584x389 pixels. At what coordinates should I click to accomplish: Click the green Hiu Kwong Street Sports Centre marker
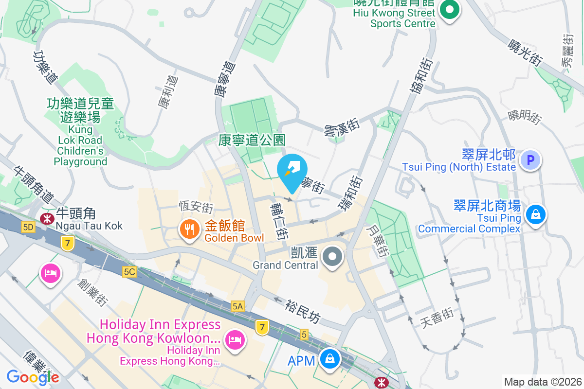click(450, 10)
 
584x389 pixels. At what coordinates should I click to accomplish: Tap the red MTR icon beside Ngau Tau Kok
click(47, 218)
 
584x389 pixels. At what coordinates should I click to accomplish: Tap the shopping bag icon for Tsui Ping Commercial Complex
click(535, 214)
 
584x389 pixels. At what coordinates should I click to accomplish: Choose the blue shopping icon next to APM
click(330, 360)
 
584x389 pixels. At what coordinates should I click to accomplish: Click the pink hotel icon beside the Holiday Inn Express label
click(234, 339)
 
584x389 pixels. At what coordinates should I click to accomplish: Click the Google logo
click(33, 377)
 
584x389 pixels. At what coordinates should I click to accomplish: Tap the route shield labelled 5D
click(28, 227)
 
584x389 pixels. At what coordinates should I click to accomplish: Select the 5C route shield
click(129, 272)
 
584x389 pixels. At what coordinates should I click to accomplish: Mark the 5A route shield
click(237, 306)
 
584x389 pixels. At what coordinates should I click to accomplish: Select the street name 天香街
click(437, 316)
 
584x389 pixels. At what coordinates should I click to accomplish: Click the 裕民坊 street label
click(303, 311)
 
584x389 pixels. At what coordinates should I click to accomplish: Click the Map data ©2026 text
click(543, 382)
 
